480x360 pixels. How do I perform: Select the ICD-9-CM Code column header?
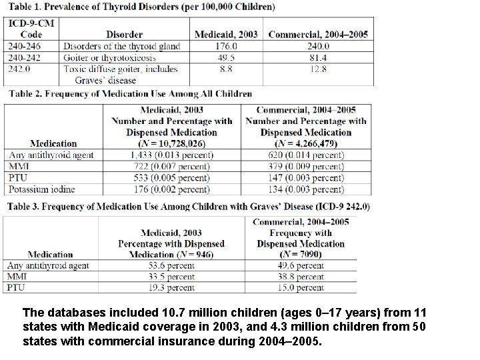coord(26,29)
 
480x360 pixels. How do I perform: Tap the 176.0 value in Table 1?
coord(226,46)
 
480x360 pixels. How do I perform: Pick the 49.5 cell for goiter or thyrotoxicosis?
coord(227,57)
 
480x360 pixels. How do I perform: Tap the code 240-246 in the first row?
coord(25,46)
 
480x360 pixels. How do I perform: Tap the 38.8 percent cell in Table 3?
coord(300,277)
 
